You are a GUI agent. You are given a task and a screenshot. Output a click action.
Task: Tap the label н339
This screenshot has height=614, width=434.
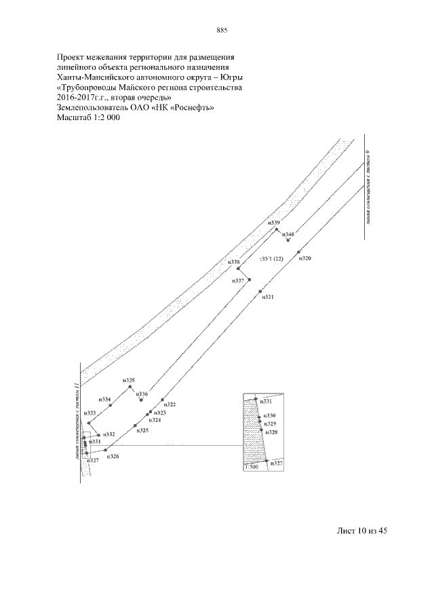[274, 223]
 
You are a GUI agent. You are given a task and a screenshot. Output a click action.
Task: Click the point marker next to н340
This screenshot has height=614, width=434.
[288, 239]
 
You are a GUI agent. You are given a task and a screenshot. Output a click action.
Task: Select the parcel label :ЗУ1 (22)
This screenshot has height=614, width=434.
[271, 258]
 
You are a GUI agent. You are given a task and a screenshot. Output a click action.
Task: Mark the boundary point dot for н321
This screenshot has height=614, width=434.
[260, 292]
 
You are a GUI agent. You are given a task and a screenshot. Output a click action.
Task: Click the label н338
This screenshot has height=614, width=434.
[234, 262]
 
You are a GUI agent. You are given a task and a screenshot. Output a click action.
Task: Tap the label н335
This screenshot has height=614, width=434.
[129, 381]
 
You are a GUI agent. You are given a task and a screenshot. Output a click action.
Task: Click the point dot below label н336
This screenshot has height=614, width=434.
[141, 400]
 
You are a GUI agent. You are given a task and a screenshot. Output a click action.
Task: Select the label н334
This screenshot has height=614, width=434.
[104, 400]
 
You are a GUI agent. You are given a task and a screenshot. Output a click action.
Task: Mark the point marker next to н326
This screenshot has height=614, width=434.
[105, 450]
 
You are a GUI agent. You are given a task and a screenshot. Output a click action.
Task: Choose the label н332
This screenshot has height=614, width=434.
[108, 434]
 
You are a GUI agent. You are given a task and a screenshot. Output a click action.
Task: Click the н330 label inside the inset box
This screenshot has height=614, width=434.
[270, 415]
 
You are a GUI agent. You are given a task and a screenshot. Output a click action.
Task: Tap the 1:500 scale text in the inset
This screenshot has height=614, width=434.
[251, 467]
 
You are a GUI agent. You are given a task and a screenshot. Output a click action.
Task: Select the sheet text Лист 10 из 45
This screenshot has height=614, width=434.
[361, 531]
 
